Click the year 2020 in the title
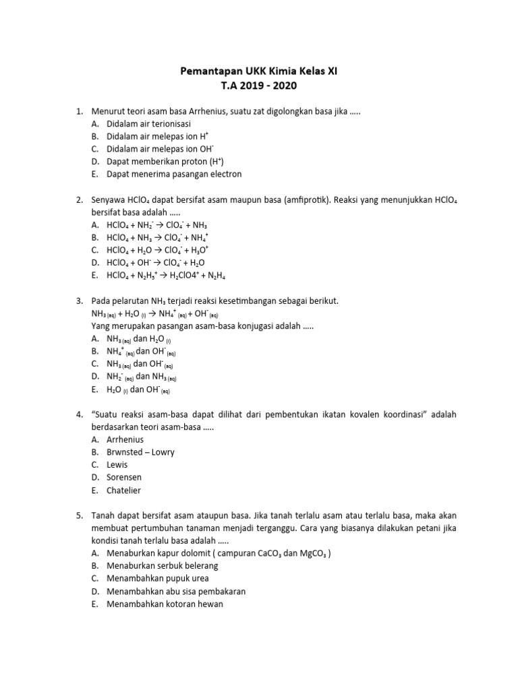click(x=283, y=86)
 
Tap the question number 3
click(x=79, y=301)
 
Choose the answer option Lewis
click(x=117, y=465)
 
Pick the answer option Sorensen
click(x=124, y=478)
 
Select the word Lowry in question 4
click(x=165, y=452)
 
